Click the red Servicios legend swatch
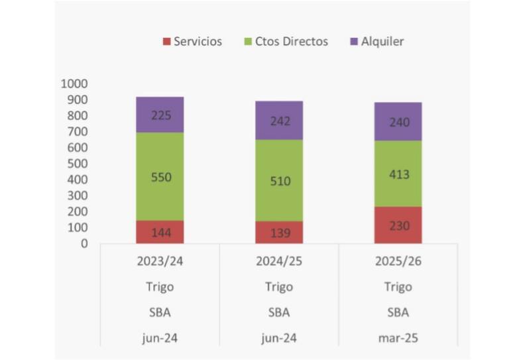coord(166,42)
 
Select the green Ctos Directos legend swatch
coord(248,42)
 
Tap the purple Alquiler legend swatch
coord(354,42)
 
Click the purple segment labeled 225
coord(160,115)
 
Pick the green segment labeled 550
coord(160,176)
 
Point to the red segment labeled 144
coord(160,231)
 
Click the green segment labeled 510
coord(279,180)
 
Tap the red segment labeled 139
coord(279,232)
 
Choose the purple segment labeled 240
coord(398,121)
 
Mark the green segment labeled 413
coord(398,174)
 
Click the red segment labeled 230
coord(398,225)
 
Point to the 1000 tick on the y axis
coord(74,84)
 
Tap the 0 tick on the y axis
coord(84,243)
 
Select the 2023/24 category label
coord(160,261)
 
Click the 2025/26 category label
coord(398,261)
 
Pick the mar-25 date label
coord(398,337)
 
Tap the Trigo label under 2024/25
coord(279,286)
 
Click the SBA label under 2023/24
coord(160,312)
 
